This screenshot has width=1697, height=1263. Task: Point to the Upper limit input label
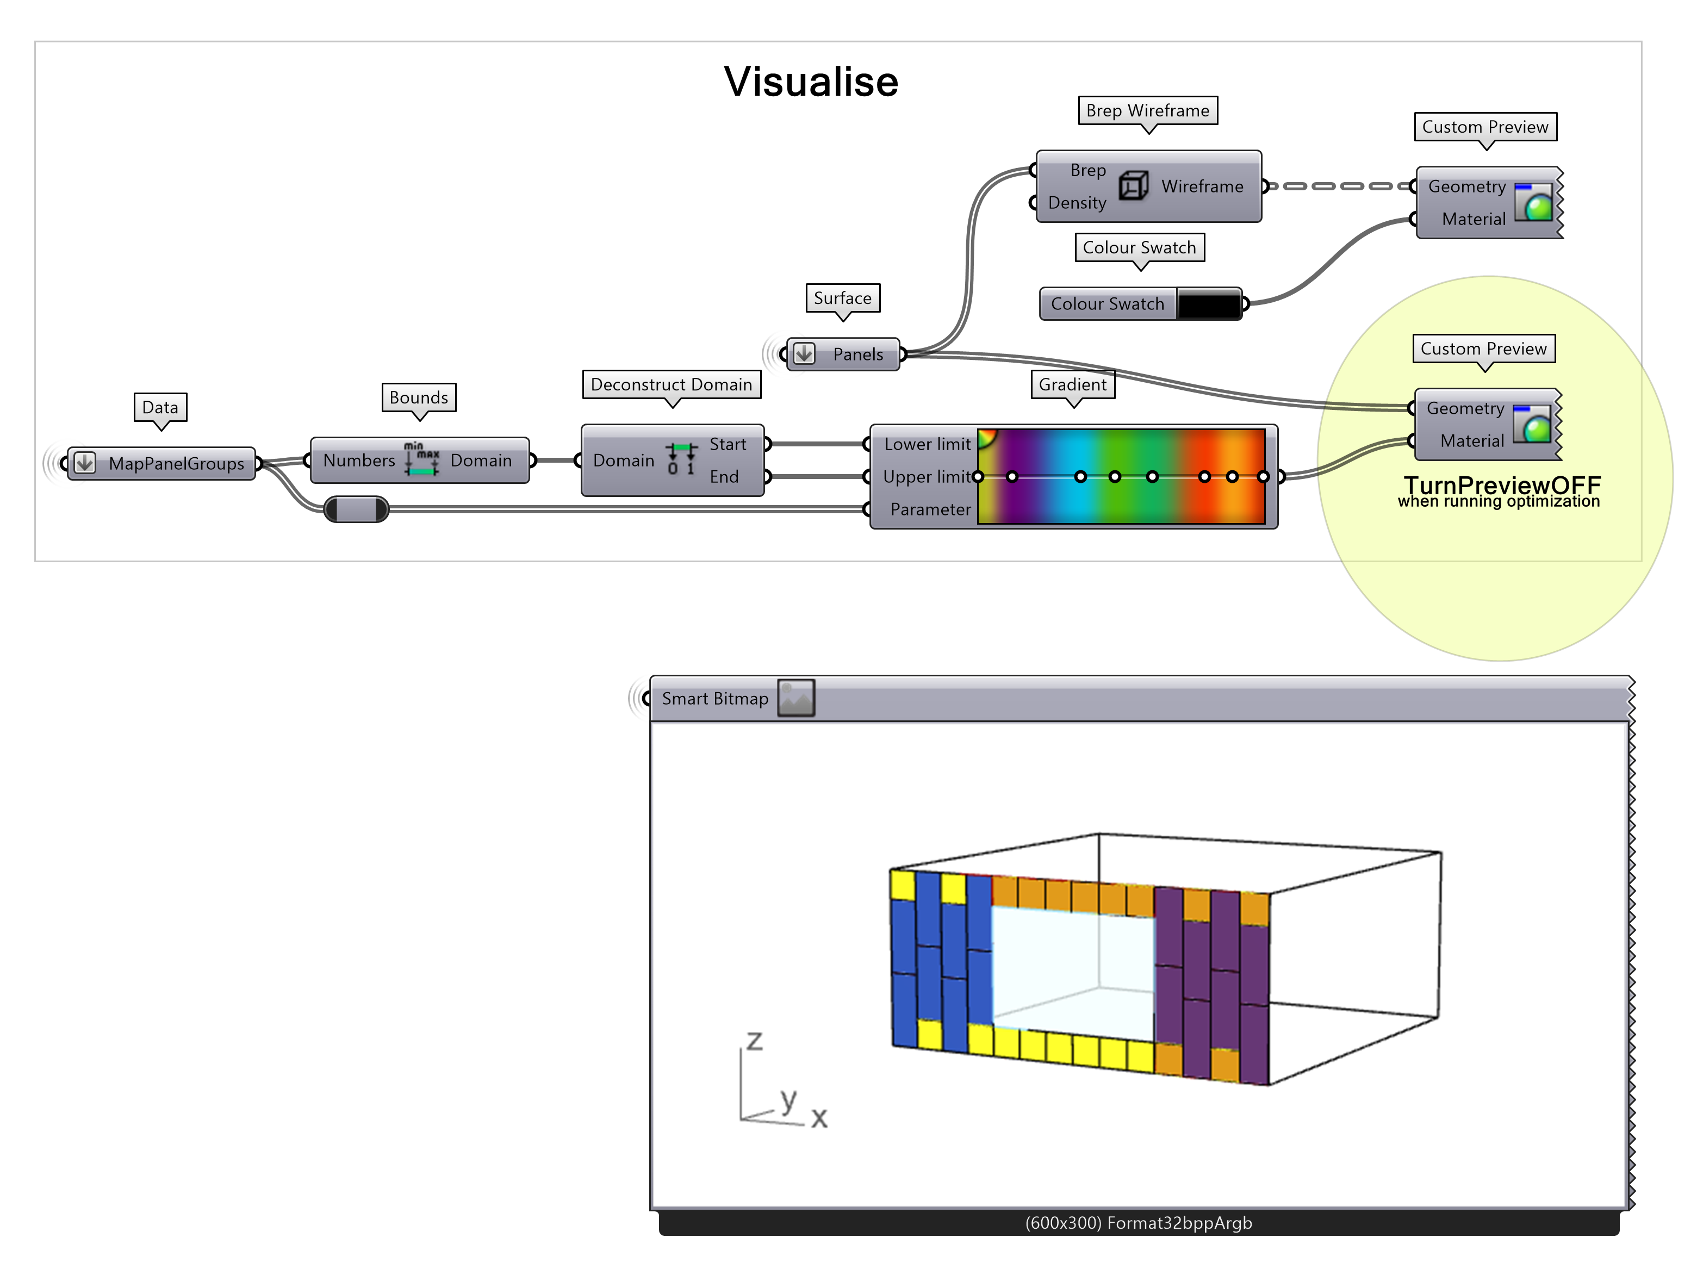pos(927,476)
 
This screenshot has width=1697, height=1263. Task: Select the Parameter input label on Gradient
pos(930,509)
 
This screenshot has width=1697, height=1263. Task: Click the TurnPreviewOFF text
pos(1501,485)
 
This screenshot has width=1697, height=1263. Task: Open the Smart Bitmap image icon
pos(795,698)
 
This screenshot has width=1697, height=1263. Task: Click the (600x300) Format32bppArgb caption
pos(1137,1222)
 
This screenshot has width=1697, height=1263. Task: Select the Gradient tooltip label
pos(1072,384)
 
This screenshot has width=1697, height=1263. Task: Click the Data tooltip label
pos(160,407)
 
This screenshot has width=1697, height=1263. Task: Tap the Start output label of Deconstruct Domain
pos(727,444)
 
